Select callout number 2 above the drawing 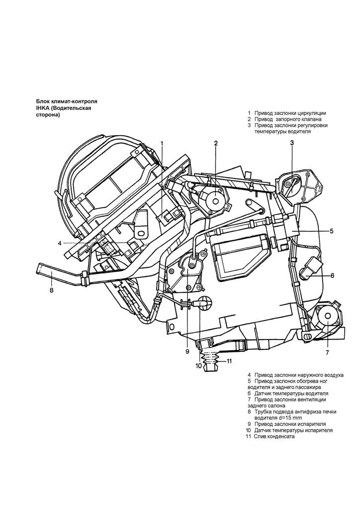click(x=216, y=143)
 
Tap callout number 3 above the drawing click(x=292, y=143)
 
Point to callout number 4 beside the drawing click(x=59, y=243)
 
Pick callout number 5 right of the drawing click(x=332, y=231)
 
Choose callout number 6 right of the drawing click(x=332, y=275)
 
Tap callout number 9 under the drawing click(x=187, y=351)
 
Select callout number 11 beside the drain click(x=229, y=361)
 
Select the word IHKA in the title click(x=42, y=108)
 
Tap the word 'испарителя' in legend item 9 click(x=312, y=424)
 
